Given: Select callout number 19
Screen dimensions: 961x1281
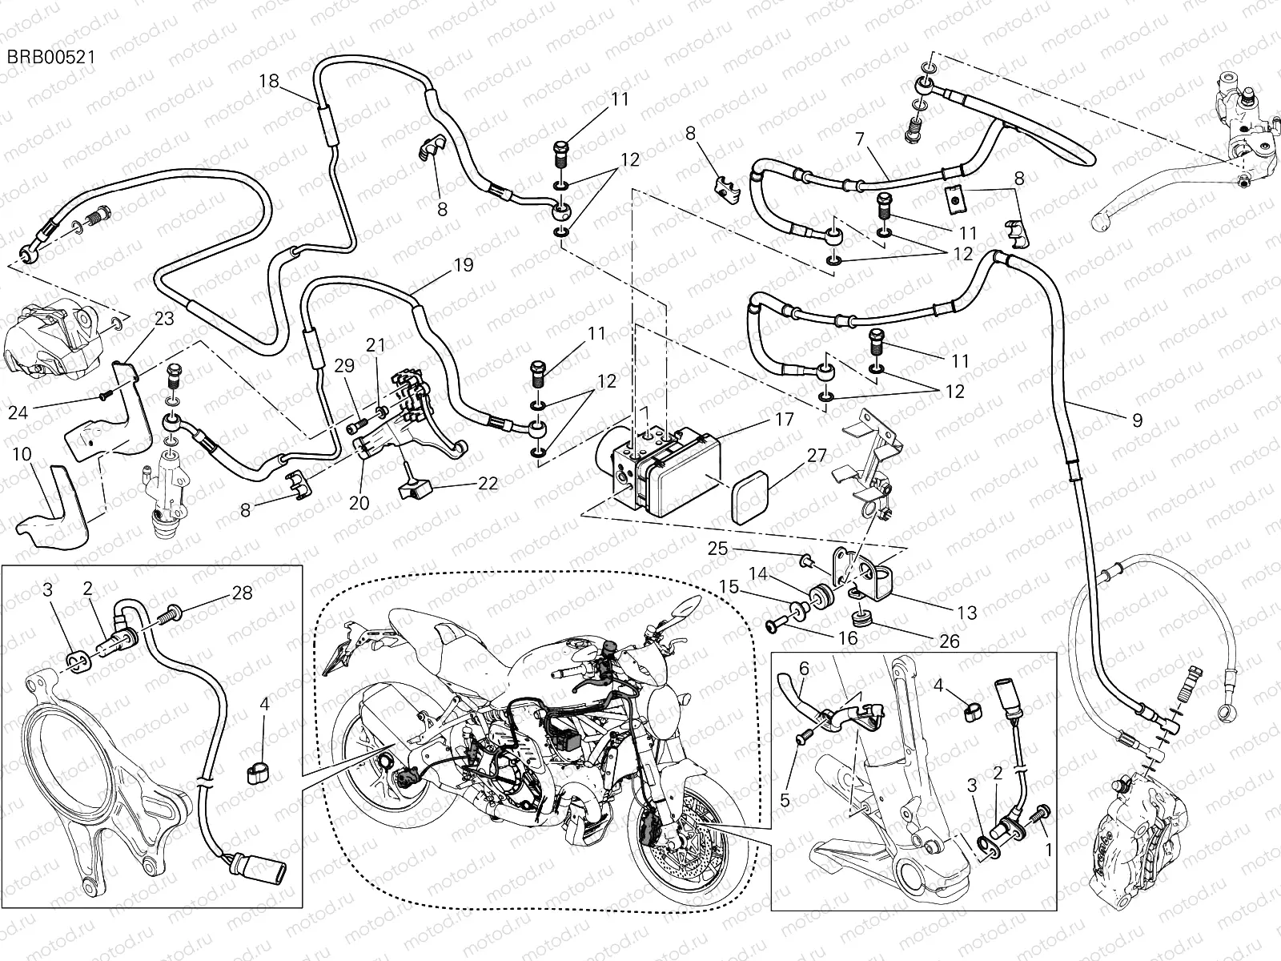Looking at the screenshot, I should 463,264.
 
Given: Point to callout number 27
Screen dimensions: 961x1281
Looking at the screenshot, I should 816,456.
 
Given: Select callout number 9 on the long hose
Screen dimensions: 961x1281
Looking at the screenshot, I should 1137,420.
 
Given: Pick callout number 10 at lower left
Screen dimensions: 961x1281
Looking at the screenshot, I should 22,454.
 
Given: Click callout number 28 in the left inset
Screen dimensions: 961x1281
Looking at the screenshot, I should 242,593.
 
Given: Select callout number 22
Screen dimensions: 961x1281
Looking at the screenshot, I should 488,484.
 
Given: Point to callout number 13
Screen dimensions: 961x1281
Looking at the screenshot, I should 966,613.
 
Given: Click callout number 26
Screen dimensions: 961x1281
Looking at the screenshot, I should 950,641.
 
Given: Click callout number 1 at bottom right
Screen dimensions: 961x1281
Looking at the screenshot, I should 1048,846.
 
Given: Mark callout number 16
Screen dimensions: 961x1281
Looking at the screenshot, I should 846,638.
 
